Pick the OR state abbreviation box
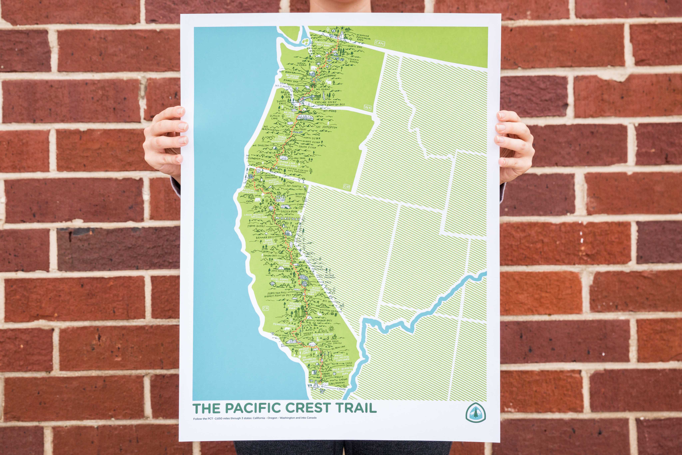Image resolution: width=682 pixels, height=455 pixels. coord(346,187)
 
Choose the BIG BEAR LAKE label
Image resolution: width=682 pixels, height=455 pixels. coord(338,347)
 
